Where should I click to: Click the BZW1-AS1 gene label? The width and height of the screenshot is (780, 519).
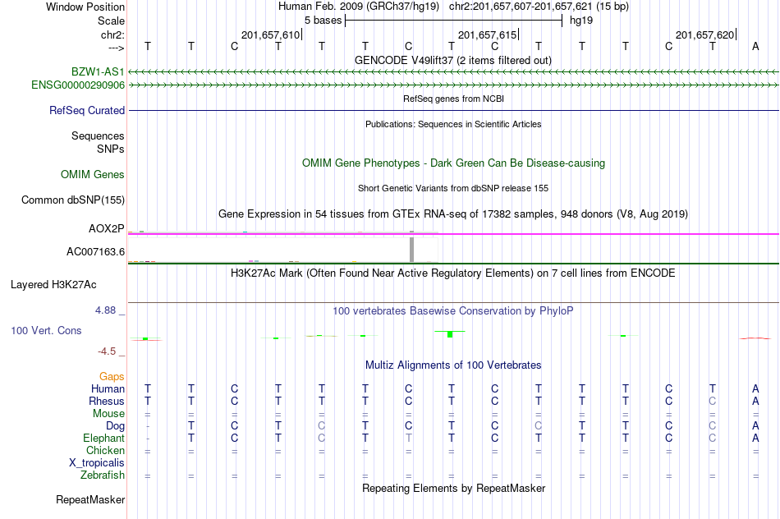click(x=98, y=72)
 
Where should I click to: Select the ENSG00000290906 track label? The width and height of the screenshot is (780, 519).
click(x=78, y=85)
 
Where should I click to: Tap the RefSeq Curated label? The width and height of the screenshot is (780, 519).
click(x=87, y=111)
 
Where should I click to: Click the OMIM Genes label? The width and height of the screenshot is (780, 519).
click(x=93, y=174)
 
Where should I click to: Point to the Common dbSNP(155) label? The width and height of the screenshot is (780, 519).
click(x=73, y=200)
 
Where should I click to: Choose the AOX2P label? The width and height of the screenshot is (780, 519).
click(x=107, y=228)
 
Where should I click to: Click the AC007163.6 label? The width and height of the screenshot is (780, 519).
click(x=95, y=252)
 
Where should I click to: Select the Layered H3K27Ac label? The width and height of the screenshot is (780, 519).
click(x=53, y=285)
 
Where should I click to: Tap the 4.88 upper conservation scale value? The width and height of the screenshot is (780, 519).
click(x=105, y=310)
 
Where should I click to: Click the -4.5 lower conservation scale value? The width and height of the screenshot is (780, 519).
click(x=107, y=351)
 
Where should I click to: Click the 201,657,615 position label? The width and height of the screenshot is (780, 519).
click(x=487, y=34)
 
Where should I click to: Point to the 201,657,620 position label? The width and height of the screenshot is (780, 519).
click(x=704, y=34)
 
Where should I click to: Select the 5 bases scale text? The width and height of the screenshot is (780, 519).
click(x=323, y=21)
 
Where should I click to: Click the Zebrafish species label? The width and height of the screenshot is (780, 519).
click(x=103, y=475)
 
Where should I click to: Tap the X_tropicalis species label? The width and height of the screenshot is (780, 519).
click(x=97, y=463)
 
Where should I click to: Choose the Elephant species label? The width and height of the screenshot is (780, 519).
click(x=104, y=438)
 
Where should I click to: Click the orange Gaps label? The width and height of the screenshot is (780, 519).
click(x=112, y=377)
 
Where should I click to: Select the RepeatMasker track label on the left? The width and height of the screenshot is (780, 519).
click(x=90, y=499)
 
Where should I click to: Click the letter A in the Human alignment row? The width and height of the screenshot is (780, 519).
click(x=755, y=388)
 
